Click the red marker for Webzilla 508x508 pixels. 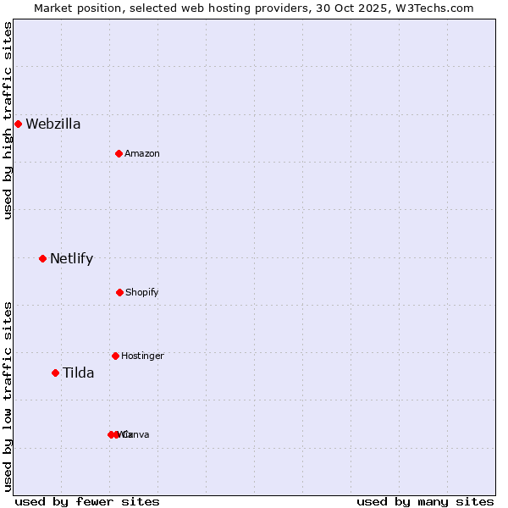18,124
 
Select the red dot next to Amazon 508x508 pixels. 119,153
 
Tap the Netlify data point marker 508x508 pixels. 42,258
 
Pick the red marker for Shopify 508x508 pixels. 119,292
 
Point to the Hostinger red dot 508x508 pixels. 115,356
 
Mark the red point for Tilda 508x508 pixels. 55,373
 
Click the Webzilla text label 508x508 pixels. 53,124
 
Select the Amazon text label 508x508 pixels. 142,153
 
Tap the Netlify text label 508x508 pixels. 72,258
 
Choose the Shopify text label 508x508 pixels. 142,292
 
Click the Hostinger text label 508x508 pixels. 142,356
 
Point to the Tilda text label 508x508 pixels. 79,373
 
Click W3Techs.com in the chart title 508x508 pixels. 436,8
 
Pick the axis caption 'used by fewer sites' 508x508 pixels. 87,501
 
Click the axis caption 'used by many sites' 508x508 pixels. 425,501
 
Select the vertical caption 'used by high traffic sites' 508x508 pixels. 8,120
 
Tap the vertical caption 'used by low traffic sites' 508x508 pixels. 8,395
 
